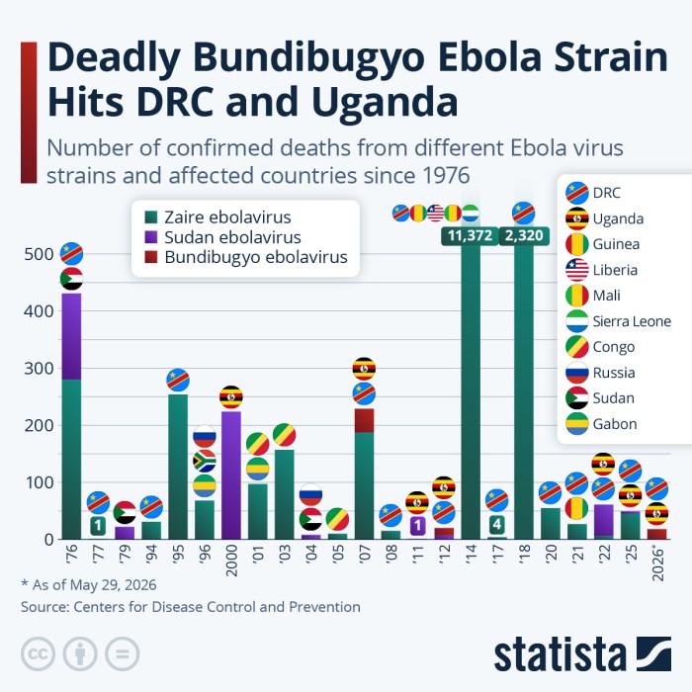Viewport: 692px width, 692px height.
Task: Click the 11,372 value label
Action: click(x=470, y=235)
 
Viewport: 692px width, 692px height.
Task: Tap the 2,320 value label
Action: click(x=524, y=235)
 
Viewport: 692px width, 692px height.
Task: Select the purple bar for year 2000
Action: click(x=231, y=476)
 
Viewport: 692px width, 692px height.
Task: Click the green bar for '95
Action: click(x=178, y=467)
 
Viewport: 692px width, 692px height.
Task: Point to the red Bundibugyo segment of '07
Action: click(x=364, y=420)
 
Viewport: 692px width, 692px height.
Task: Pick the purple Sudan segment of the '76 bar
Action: click(x=71, y=336)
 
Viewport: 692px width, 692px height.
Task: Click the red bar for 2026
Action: click(x=656, y=534)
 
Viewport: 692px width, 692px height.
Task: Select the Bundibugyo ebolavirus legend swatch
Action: click(x=151, y=257)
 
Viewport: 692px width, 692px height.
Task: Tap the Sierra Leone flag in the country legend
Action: click(x=576, y=321)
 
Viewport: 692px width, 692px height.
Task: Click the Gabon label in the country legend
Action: click(x=615, y=424)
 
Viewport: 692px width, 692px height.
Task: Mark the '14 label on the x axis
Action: click(x=471, y=556)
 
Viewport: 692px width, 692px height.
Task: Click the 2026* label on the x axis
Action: click(x=657, y=563)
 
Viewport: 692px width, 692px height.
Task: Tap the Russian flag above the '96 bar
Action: click(x=205, y=436)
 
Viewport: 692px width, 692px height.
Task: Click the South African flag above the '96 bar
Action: click(x=205, y=462)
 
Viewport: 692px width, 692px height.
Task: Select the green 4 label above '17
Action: click(x=497, y=524)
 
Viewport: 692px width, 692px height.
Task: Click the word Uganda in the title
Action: click(x=385, y=102)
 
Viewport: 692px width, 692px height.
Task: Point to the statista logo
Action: click(x=582, y=654)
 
